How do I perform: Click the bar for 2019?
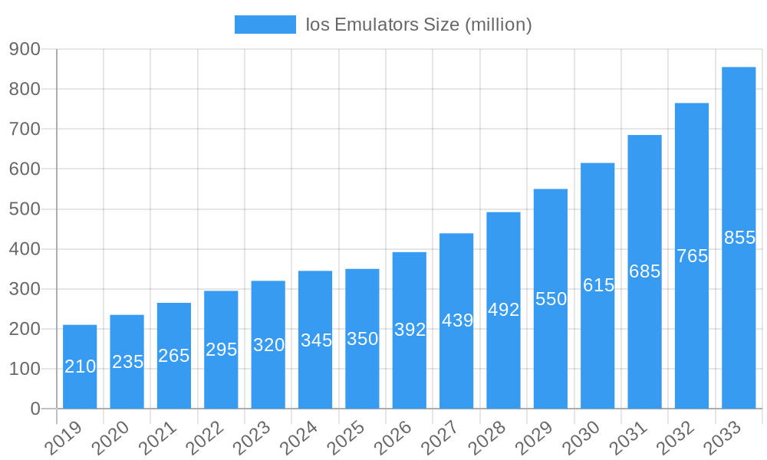point(80,366)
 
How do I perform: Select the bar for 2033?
point(739,238)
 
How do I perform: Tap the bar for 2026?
point(409,330)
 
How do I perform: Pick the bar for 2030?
point(597,285)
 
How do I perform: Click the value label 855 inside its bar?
point(739,238)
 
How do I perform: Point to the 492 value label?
point(503,310)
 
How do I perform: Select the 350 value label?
point(362,339)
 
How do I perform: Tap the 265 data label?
point(174,356)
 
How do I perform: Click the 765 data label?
point(692,256)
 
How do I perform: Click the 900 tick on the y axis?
point(25,49)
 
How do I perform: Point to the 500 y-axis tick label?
point(25,209)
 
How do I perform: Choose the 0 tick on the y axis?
point(35,409)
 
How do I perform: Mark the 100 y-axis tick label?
point(25,370)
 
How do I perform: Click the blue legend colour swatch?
point(265,25)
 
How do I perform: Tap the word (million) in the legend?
point(498,25)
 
